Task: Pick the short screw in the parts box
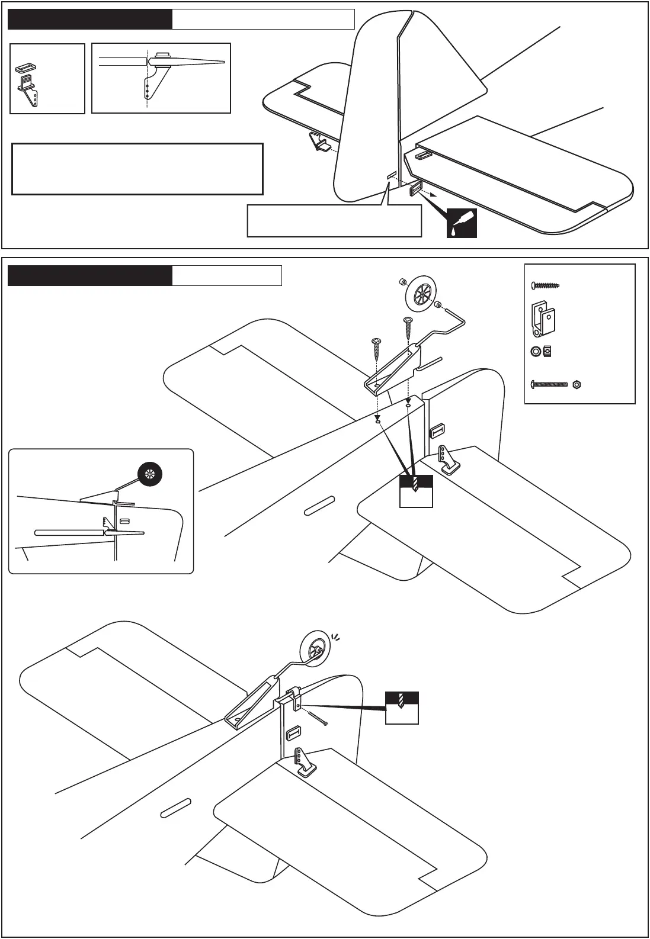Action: click(x=545, y=286)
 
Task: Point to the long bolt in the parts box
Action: click(x=549, y=385)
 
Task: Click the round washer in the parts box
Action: click(x=536, y=352)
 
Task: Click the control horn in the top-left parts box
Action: click(x=29, y=92)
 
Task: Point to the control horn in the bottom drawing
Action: click(x=304, y=761)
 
